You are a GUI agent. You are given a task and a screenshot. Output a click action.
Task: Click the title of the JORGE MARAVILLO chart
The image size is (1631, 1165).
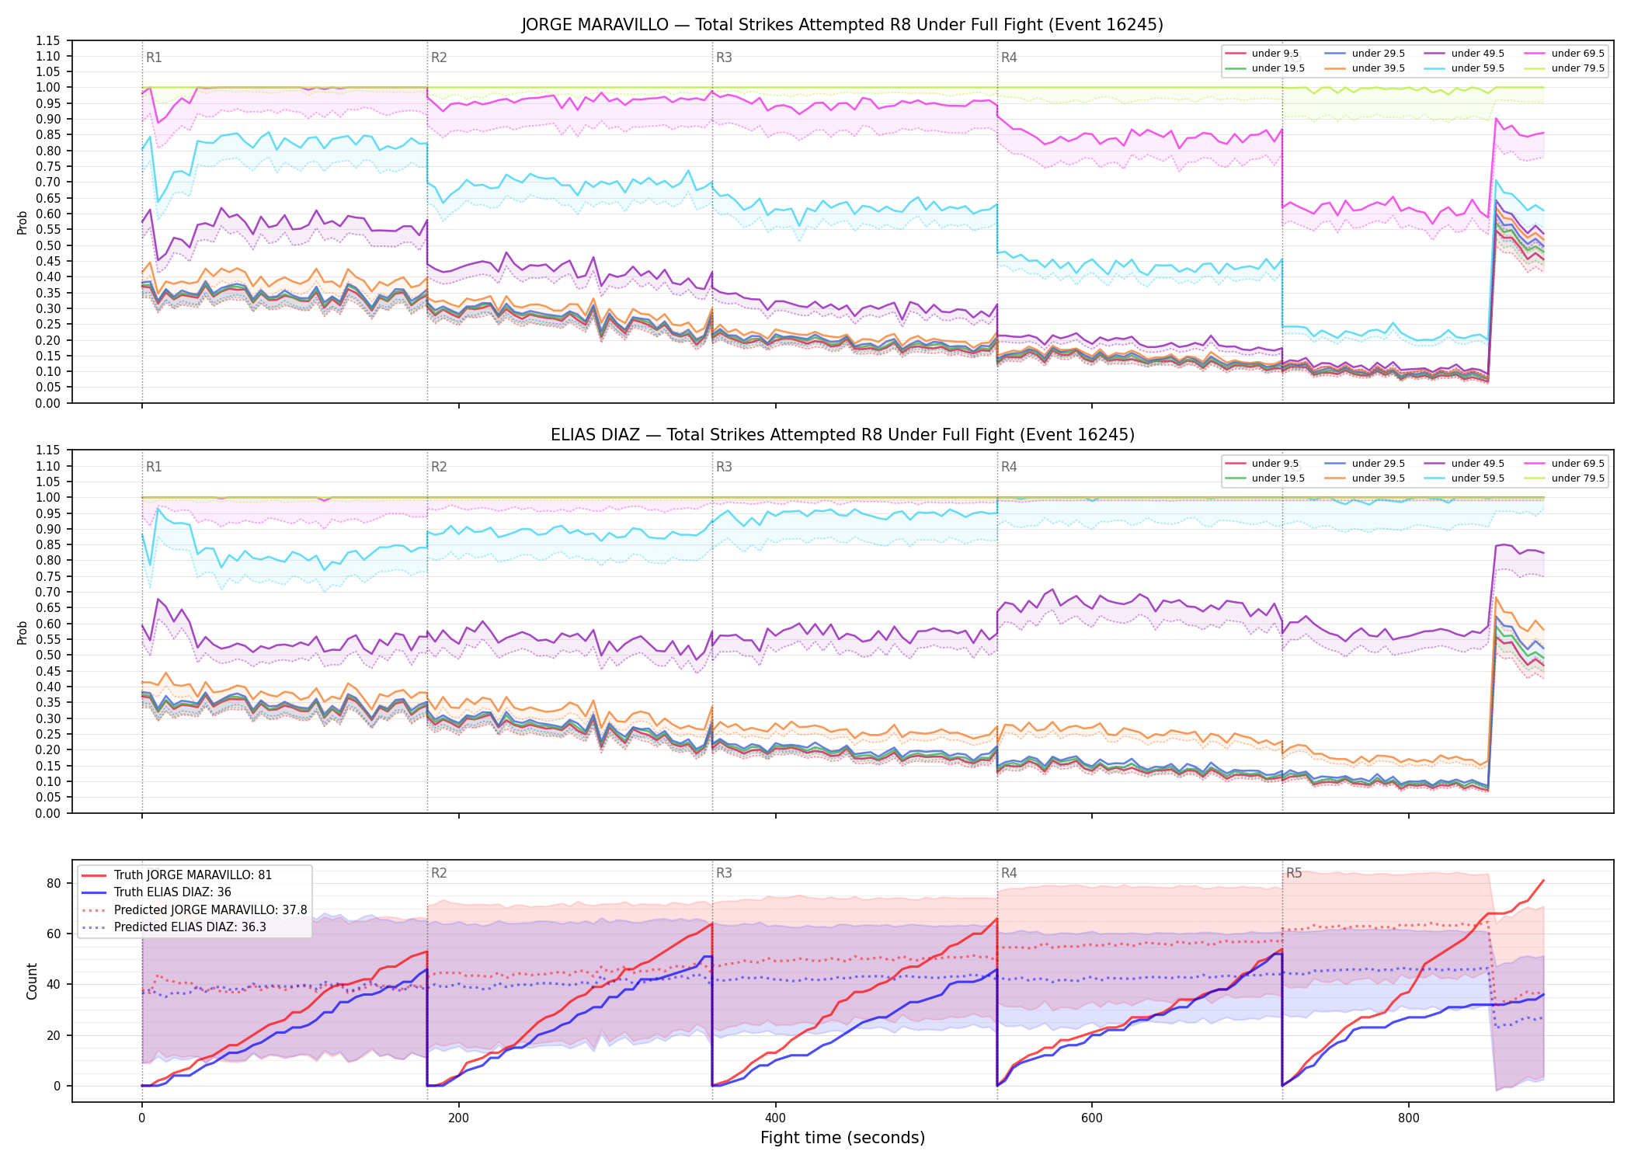coord(842,25)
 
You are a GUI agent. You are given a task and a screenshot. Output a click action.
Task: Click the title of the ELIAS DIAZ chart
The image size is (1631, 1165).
coord(842,435)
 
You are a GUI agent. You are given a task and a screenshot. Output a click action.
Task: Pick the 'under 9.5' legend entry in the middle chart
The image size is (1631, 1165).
coord(1262,464)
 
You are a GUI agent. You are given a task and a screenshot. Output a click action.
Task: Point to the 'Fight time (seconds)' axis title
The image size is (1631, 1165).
coord(843,1138)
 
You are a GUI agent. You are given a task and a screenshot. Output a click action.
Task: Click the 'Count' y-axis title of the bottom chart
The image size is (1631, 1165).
coord(32,981)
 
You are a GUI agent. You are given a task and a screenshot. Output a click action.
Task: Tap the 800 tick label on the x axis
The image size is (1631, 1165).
coord(1408,1118)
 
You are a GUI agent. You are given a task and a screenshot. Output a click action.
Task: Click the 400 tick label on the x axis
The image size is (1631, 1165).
coord(775,1118)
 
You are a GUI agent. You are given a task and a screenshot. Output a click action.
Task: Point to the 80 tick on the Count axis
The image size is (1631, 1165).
coord(54,883)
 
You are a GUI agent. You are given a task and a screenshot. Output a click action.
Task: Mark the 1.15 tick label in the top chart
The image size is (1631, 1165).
coord(49,40)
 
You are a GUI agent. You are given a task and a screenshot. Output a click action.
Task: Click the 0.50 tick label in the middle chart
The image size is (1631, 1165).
coord(49,656)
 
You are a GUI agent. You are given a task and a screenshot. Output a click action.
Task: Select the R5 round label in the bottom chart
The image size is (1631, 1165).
coord(1294,873)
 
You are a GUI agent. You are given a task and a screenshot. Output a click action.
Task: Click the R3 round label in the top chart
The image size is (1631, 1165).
coord(724,57)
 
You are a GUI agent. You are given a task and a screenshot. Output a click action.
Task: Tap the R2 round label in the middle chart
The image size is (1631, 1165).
coord(439,467)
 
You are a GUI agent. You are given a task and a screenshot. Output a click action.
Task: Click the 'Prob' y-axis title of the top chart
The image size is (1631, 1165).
coord(23,223)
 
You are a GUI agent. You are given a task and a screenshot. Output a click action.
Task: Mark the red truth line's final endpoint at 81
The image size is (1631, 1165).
coord(1543,881)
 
